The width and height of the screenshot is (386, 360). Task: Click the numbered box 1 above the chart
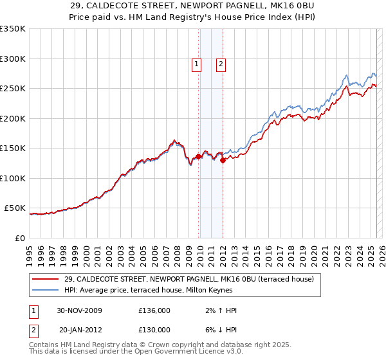tap(196, 64)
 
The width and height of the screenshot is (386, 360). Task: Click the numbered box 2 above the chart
tap(221, 64)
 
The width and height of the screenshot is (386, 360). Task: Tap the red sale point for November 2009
tap(198, 156)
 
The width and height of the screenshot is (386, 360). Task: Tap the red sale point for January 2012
tap(223, 161)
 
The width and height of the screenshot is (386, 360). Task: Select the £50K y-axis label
tap(15, 208)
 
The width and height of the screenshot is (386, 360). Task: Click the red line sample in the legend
tap(46, 279)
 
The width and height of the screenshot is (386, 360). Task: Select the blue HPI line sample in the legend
tap(46, 290)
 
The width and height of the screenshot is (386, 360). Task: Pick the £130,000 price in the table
tap(154, 329)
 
